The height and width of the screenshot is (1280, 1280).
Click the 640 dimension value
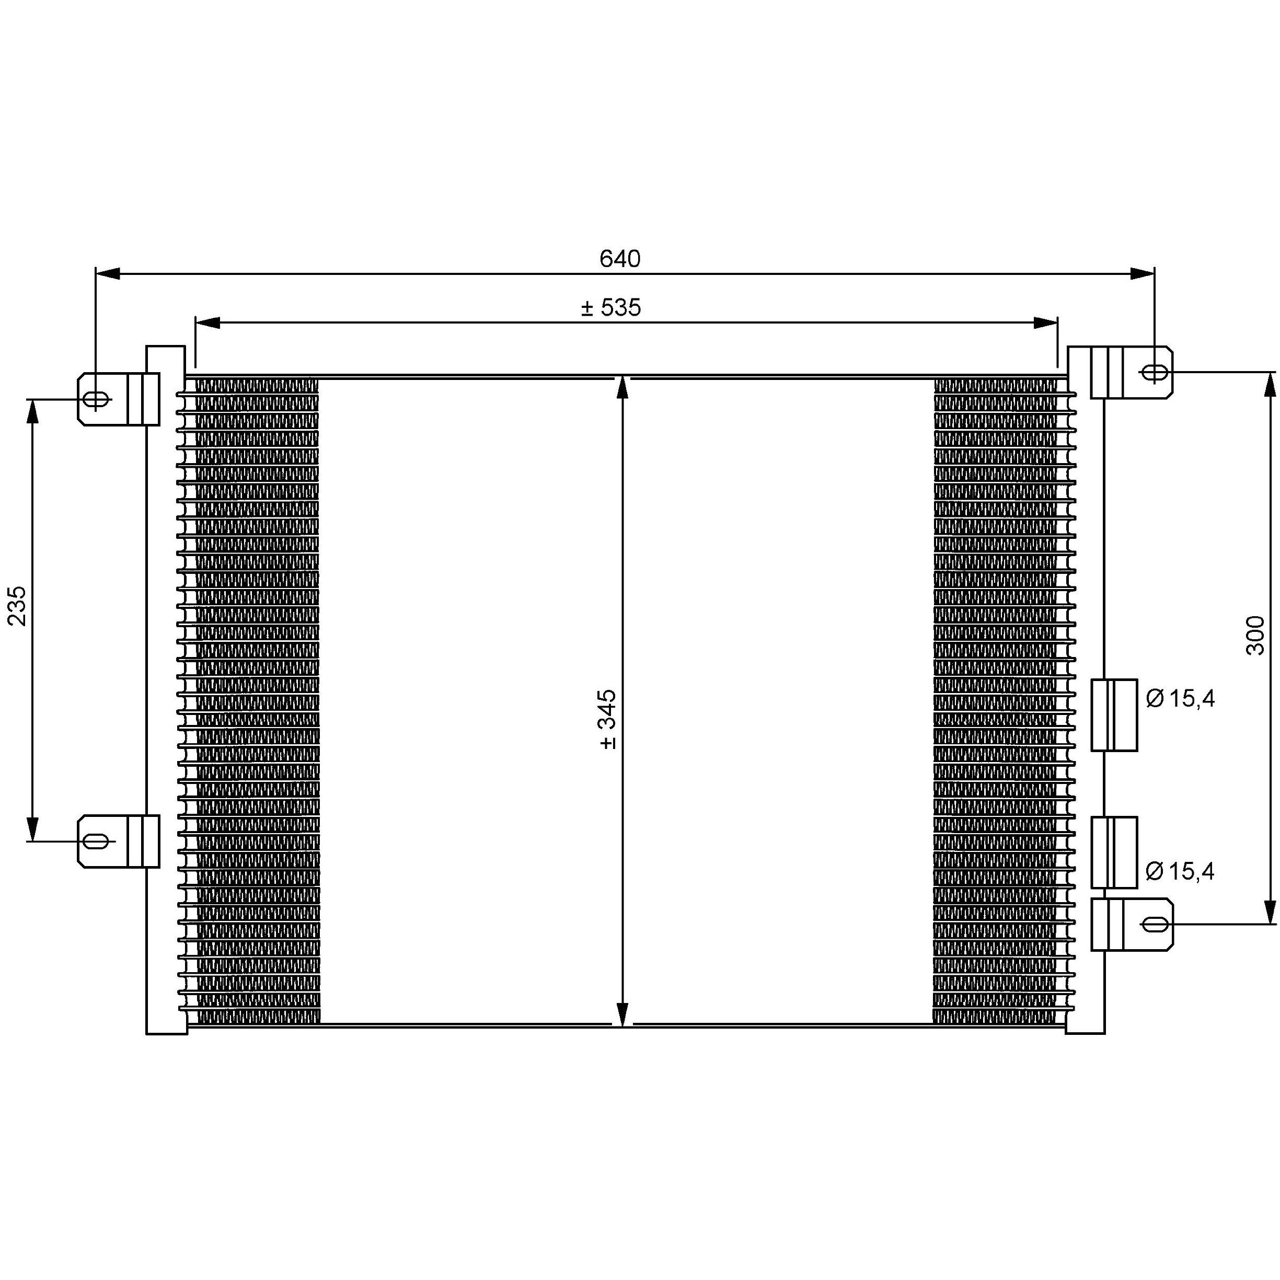coord(619,258)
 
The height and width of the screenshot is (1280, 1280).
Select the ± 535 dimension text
coord(611,307)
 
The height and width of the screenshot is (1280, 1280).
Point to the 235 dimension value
coord(17,606)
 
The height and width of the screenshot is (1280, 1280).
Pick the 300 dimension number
coord(1255,636)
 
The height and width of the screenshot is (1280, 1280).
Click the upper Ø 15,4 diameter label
coord(1180,698)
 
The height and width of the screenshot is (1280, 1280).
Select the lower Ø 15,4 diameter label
coord(1180,871)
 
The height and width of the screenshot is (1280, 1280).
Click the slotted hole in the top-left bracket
coord(96,399)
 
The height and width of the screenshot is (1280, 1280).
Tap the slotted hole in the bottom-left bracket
coord(96,841)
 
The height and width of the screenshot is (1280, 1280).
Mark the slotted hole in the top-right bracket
coord(1156,373)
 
